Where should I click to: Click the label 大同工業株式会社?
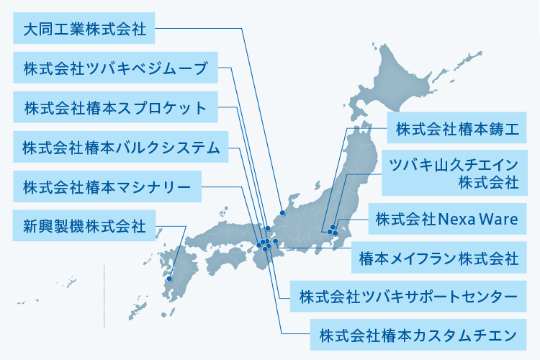pyautogui.click(x=84, y=30)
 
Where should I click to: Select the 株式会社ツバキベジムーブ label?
pyautogui.click(x=115, y=69)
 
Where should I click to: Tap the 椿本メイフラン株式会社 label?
pyautogui.click(x=438, y=257)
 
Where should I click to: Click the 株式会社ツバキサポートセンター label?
pyautogui.click(x=408, y=295)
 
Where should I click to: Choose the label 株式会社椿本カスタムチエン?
pyautogui.click(x=418, y=335)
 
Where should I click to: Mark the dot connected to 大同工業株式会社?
pyautogui.click(x=283, y=212)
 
